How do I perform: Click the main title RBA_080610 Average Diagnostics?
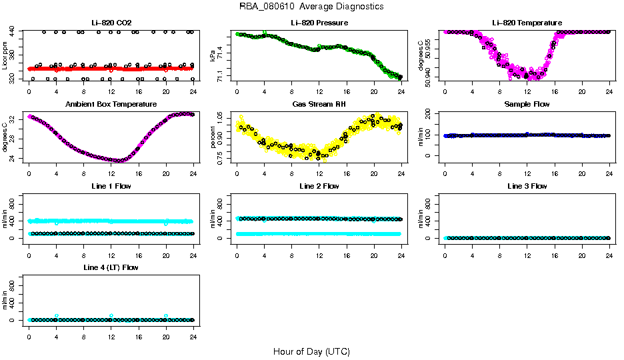tap(311, 7)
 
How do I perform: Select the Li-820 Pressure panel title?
tap(319, 23)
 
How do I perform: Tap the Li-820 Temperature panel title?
tap(527, 23)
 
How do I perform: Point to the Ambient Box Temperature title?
tap(111, 105)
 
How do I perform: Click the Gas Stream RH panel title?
tap(319, 105)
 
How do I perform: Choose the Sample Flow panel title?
tap(527, 105)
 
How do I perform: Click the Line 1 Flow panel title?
tap(111, 186)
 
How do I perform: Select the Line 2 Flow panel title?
tap(319, 186)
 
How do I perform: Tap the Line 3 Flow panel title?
tap(527, 186)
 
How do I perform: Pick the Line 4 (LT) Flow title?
tap(111, 267)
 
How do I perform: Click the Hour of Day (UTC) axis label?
tap(311, 351)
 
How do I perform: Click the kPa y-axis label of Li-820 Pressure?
tap(213, 56)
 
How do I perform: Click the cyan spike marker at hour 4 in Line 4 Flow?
tap(57, 315)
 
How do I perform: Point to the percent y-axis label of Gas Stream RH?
tap(213, 137)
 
